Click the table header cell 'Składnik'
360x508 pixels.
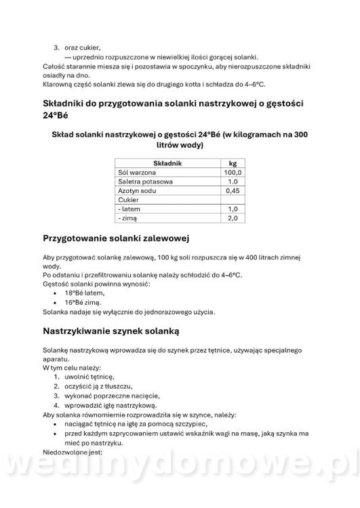[x=167, y=163]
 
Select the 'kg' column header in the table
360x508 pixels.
[x=232, y=163]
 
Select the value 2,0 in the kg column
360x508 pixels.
[x=233, y=219]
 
